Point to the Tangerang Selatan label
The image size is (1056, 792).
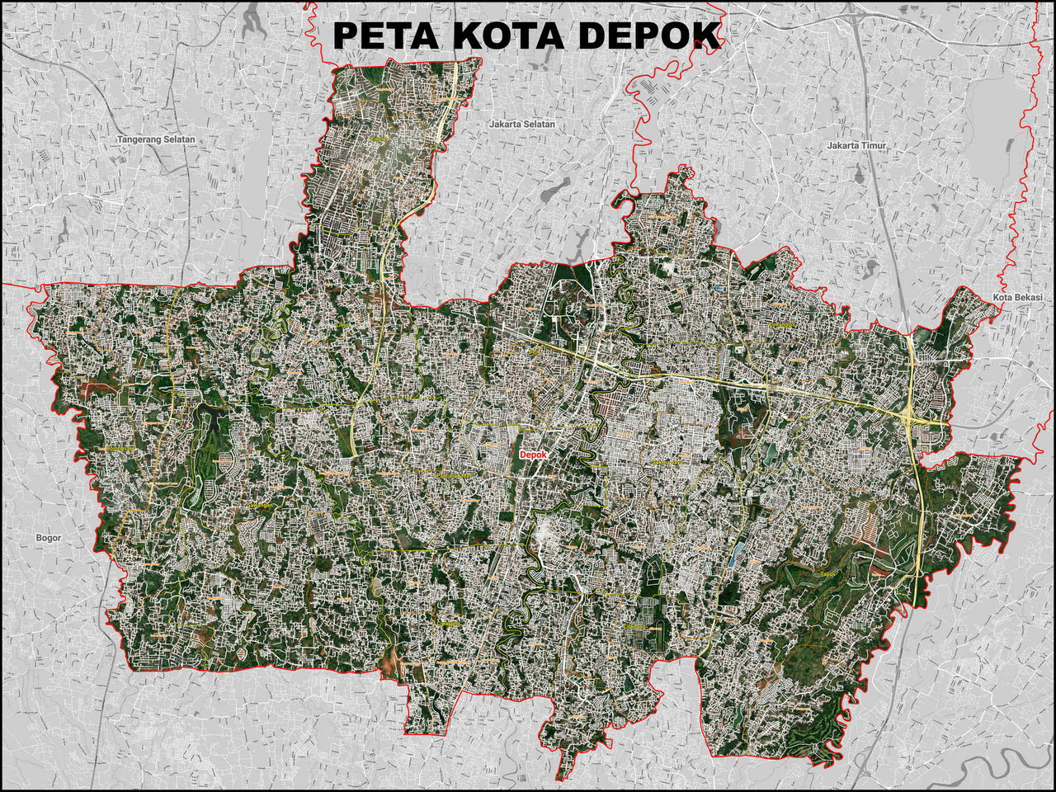click(x=157, y=139)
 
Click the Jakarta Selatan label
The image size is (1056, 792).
click(x=522, y=124)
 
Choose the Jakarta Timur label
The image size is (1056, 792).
click(x=856, y=145)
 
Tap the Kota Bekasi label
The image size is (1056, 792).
click(x=1018, y=297)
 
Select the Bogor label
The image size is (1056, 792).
click(x=49, y=538)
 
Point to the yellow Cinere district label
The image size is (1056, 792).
click(x=380, y=139)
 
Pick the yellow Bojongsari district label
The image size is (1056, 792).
click(x=120, y=449)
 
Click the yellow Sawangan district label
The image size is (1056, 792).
click(x=261, y=505)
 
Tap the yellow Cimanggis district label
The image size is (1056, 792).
click(x=780, y=324)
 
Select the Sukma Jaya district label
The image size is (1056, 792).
click(x=667, y=463)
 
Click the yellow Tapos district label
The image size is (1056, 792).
click(x=827, y=574)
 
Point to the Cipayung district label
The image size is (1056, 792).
click(x=450, y=623)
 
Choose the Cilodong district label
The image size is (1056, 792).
click(x=634, y=626)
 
